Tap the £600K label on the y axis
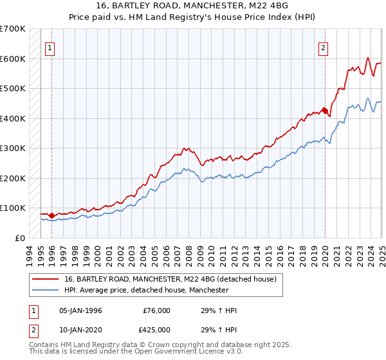13,59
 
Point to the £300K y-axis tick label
13,148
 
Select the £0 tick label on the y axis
19,238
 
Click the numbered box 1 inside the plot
50,46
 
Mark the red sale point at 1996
51,215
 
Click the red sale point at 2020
325,111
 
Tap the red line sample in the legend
45,279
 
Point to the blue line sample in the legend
45,290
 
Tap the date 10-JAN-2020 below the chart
80,330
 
